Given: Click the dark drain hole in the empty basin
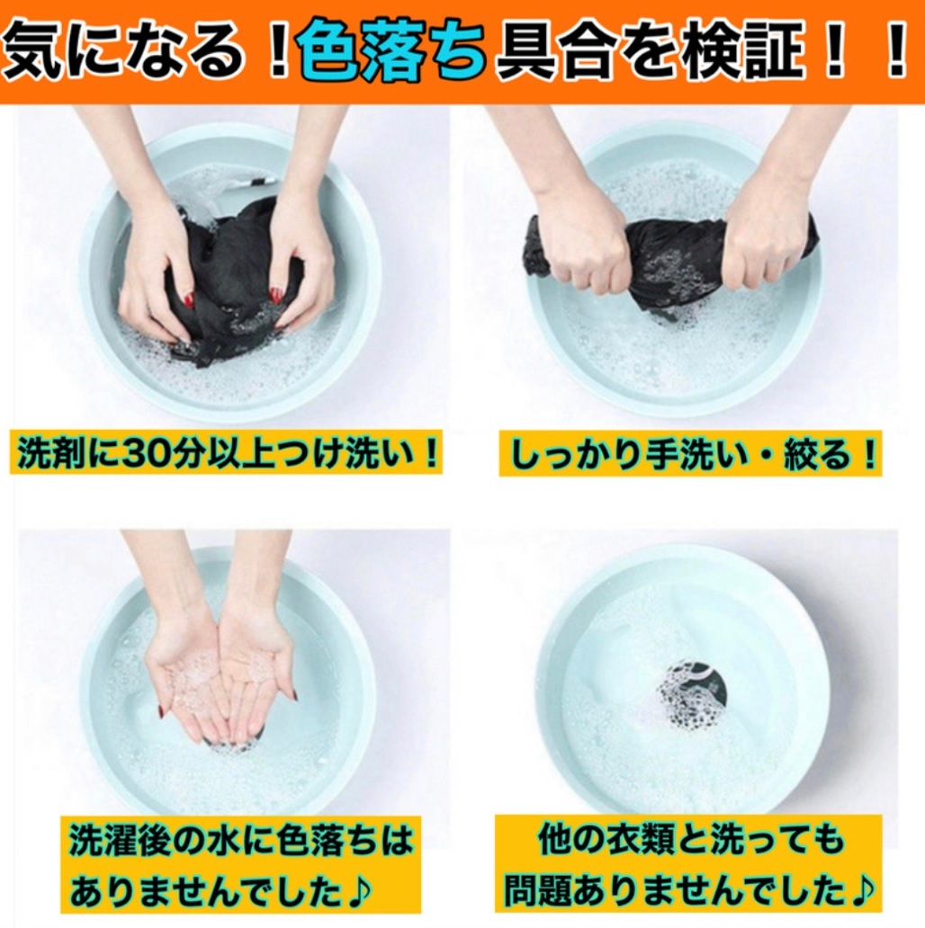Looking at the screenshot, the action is tap(694, 695).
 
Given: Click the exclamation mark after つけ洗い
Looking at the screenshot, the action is tap(430, 454).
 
